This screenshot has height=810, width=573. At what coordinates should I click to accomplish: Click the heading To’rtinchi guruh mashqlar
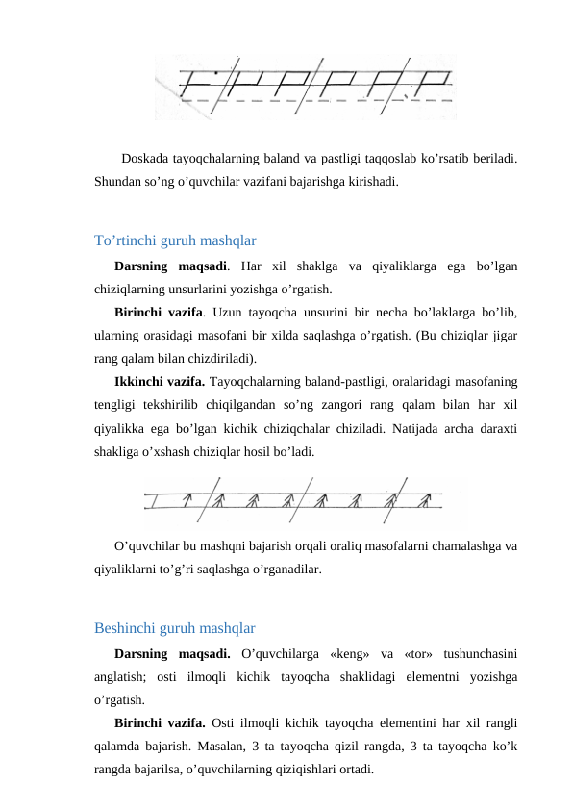coord(175,240)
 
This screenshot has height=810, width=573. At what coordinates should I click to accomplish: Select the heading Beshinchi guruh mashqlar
coord(174,629)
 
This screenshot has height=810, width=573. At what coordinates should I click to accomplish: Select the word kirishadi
coord(369,181)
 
